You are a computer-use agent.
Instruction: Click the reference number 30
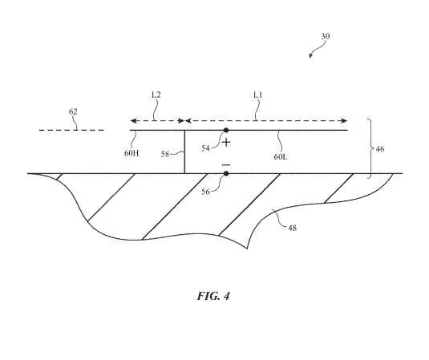pos(326,36)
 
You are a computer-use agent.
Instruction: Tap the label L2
pos(156,95)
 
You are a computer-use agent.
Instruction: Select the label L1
pos(257,95)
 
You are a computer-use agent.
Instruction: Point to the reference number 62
pos(73,111)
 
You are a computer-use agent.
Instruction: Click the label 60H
pos(132,153)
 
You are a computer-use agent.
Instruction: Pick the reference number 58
pos(165,154)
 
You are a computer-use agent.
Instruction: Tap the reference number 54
pos(205,148)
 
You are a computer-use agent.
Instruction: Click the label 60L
pos(281,156)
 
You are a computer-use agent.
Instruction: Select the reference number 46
pos(380,149)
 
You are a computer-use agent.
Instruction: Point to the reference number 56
pos(205,192)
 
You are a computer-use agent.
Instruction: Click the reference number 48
pos(292,228)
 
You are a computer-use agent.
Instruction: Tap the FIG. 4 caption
pos(213,296)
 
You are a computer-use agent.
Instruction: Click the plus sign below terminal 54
pos(226,143)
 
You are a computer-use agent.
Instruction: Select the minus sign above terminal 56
pos(226,165)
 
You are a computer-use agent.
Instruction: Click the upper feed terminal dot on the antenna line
pos(226,130)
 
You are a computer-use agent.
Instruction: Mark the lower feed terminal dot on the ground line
pos(226,173)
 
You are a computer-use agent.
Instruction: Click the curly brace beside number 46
pos(370,148)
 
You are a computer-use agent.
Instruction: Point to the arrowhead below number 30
pos(310,56)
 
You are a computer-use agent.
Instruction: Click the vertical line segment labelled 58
pos(184,152)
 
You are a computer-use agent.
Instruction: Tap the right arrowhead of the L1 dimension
pos(345,120)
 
